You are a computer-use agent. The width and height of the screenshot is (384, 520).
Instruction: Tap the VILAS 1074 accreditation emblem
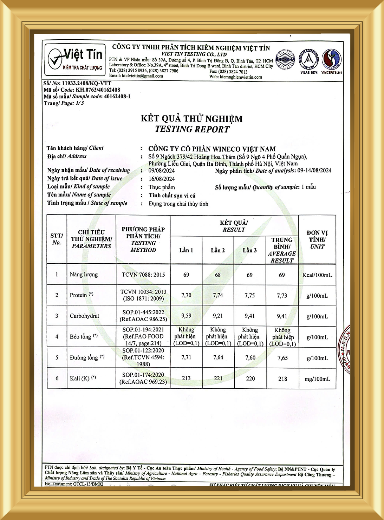pyautogui.click(x=308, y=60)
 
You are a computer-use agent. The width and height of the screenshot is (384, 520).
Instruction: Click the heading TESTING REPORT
pyautogui.click(x=192, y=129)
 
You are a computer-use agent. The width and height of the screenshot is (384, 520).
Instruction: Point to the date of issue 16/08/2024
pyautogui.click(x=162, y=179)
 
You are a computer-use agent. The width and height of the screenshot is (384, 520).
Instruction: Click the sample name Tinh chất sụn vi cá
pyautogui.click(x=172, y=196)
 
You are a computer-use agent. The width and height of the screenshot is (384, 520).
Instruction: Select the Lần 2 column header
pyautogui.click(x=218, y=250)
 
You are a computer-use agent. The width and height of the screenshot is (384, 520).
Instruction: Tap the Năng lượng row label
pyautogui.click(x=84, y=275)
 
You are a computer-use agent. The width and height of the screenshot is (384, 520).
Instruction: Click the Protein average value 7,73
pyautogui.click(x=282, y=296)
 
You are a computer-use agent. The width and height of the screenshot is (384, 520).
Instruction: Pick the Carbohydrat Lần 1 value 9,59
pyautogui.click(x=186, y=316)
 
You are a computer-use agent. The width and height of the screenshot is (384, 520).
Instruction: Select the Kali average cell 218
pyautogui.click(x=282, y=379)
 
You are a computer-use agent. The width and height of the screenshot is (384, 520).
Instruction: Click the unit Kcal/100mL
pyautogui.click(x=317, y=275)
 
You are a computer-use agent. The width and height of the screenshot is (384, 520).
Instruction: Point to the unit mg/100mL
pyautogui.click(x=317, y=379)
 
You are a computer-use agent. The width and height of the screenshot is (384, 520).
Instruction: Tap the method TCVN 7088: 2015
pyautogui.click(x=143, y=275)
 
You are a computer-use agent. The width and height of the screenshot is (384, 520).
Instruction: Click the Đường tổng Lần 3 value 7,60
pyautogui.click(x=250, y=357)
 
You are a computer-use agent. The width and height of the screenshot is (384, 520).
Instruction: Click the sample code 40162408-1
pyautogui.click(x=117, y=96)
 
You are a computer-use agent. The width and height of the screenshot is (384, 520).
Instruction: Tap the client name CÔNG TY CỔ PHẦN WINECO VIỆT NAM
pyautogui.click(x=212, y=149)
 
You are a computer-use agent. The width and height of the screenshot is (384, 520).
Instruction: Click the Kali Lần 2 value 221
pyautogui.click(x=218, y=378)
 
